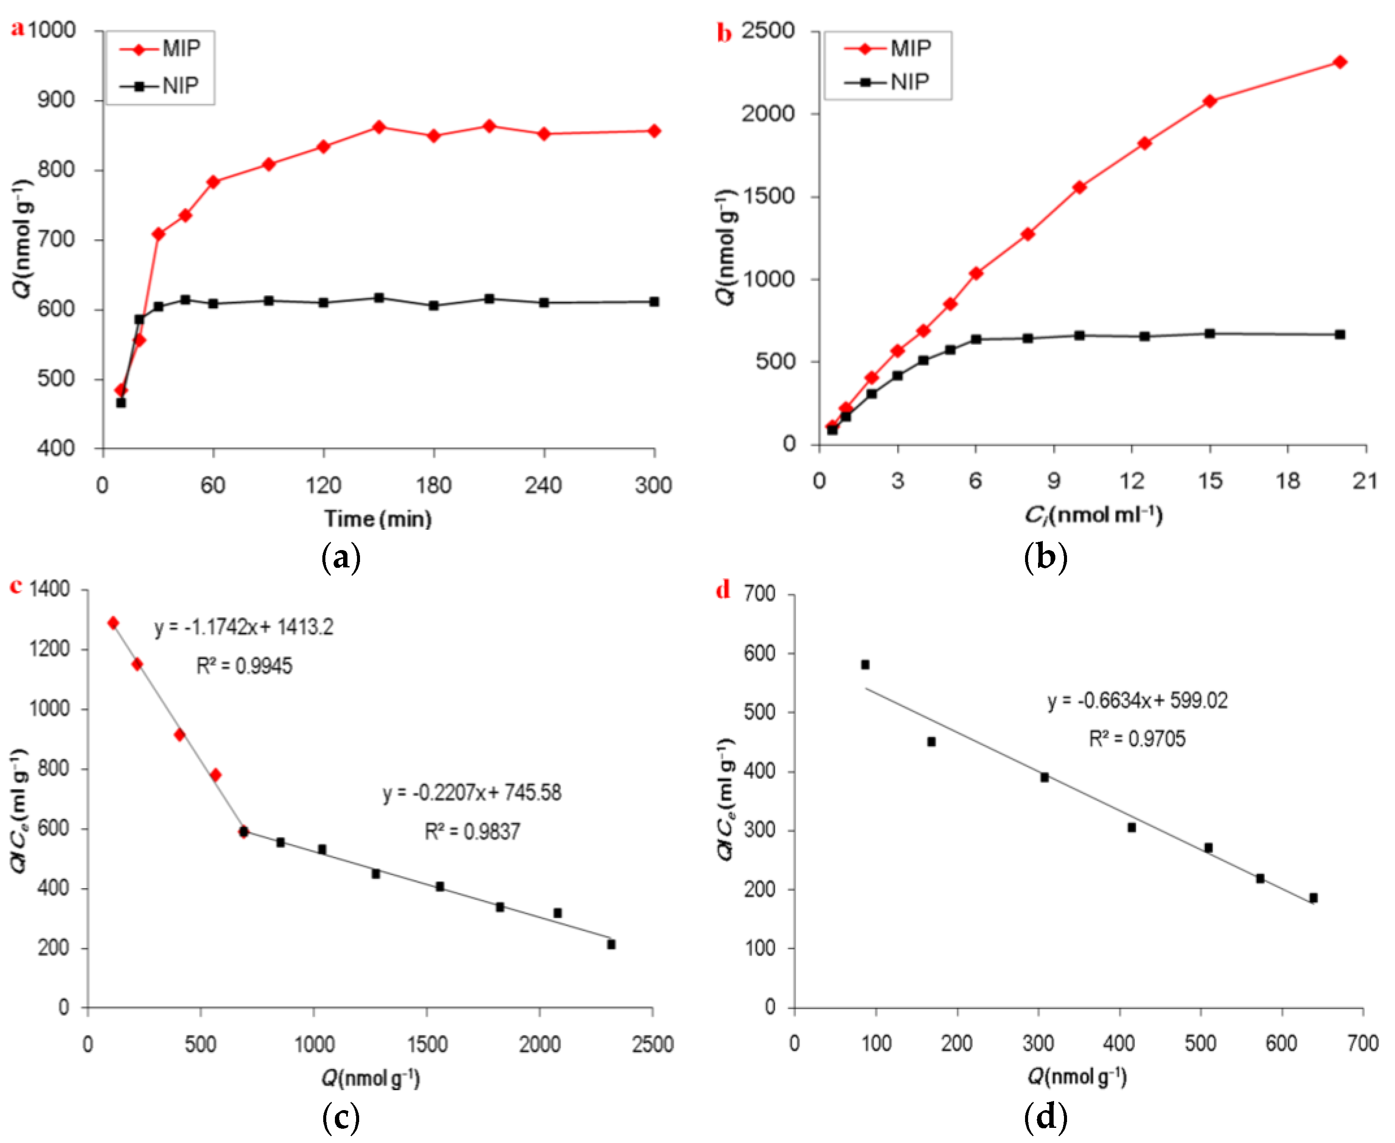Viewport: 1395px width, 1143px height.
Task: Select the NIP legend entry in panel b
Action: click(889, 82)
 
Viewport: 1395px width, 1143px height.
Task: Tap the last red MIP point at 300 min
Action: click(654, 131)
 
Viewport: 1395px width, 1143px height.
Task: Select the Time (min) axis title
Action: click(378, 519)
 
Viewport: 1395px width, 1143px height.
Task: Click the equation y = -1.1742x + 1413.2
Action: click(244, 627)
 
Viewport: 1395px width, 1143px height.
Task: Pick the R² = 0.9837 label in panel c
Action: click(472, 831)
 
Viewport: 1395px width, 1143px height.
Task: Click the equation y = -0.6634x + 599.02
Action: click(1138, 701)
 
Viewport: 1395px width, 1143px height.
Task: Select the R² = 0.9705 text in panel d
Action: click(1137, 739)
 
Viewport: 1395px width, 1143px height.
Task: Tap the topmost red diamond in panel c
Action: click(113, 623)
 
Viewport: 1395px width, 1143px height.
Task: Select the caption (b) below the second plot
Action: click(1045, 558)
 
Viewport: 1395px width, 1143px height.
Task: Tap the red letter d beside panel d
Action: click(723, 589)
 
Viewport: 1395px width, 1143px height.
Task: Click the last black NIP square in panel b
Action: click(1340, 335)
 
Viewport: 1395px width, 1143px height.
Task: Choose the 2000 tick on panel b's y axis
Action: click(768, 114)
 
